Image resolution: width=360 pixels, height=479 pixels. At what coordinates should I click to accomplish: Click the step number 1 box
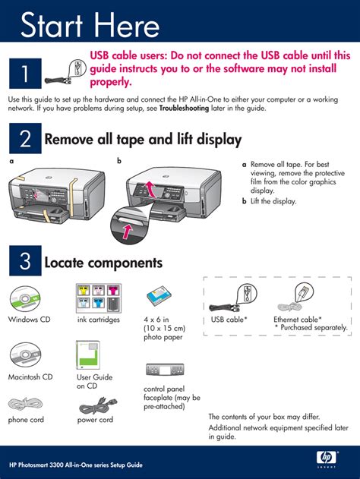25,74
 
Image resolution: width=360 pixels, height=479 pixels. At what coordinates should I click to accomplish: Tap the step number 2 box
25,138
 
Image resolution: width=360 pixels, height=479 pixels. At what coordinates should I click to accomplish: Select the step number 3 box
25,260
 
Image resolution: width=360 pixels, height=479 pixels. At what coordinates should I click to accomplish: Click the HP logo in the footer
327,458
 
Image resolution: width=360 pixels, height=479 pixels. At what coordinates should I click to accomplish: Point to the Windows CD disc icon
25,299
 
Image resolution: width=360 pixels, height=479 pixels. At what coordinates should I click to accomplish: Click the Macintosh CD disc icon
25,355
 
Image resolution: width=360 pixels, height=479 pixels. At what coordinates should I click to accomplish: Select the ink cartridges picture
99,298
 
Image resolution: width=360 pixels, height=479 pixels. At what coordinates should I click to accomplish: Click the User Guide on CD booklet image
88,355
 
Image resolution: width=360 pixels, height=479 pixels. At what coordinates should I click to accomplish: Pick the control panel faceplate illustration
165,370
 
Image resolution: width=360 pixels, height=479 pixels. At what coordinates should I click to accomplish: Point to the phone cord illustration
25,404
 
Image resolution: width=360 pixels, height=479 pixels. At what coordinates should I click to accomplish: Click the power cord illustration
98,405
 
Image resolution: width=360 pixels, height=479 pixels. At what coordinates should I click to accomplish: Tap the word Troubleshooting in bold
184,108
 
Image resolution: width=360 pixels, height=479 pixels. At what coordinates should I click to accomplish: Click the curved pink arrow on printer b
150,188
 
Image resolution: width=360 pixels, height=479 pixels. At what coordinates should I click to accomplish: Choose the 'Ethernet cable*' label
298,320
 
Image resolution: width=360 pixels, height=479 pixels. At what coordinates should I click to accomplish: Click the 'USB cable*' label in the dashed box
229,320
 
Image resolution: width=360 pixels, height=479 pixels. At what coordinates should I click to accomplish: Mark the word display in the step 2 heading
219,140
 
